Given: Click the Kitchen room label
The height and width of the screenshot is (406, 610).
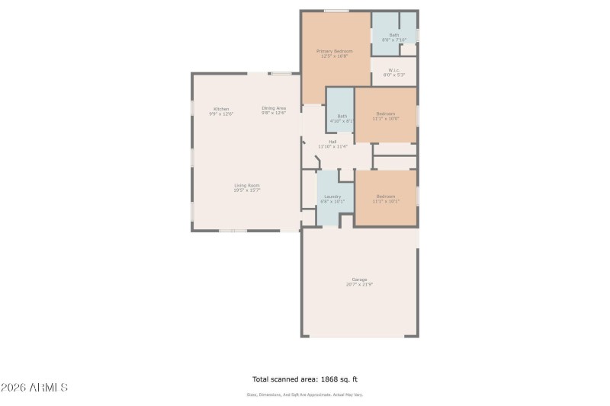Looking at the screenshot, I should point(221,108).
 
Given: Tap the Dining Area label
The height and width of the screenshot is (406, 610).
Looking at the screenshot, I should point(274,108).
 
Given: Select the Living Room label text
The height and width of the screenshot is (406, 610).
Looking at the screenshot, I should point(247,185).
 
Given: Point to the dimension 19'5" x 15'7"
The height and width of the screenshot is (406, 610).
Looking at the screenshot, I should point(247,190).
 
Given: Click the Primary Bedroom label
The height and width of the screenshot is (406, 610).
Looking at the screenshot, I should point(335,51).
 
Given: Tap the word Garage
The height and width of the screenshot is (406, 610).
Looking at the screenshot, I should point(359,279).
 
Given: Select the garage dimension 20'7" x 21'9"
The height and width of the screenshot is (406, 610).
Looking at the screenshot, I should point(359,284).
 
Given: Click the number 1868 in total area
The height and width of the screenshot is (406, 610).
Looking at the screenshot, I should point(329,379).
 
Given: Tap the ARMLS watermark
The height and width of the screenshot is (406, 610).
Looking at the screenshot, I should point(35,388).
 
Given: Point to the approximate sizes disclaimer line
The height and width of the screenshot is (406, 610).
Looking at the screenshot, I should point(304,395).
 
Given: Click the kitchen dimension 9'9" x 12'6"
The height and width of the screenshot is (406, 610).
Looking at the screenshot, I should point(221,113).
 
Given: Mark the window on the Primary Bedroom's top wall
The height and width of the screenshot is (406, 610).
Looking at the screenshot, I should point(335,11).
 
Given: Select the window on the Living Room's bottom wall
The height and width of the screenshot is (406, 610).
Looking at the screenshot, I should point(233,231).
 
